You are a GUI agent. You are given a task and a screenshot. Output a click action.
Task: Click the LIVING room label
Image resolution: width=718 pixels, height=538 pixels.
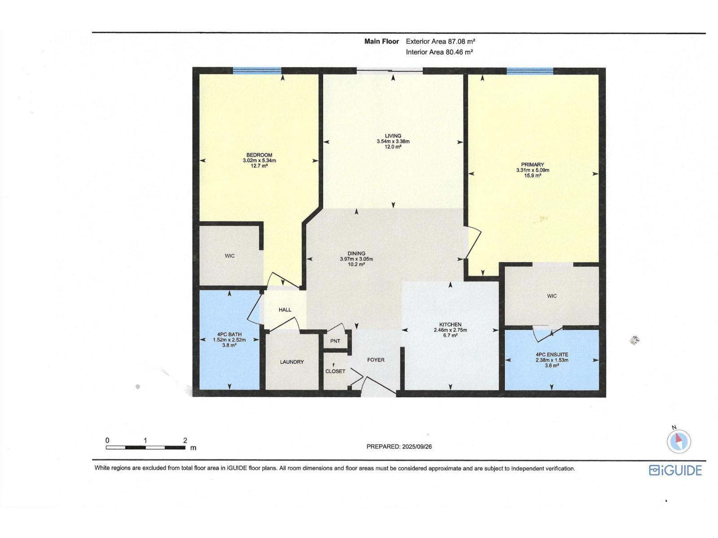pyautogui.click(x=393, y=136)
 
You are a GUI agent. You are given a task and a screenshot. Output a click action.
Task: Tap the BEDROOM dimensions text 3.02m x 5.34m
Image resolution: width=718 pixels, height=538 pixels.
pyautogui.click(x=259, y=161)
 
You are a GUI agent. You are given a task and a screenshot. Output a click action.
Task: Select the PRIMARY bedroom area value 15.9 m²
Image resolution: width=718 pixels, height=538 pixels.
pyautogui.click(x=533, y=176)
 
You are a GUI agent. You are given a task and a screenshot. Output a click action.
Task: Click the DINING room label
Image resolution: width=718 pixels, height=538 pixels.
pyautogui.click(x=356, y=253)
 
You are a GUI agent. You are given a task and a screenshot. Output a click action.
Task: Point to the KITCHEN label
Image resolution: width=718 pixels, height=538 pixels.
pyautogui.click(x=450, y=325)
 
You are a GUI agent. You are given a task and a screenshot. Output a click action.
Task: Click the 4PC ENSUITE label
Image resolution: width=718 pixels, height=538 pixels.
pyautogui.click(x=552, y=355)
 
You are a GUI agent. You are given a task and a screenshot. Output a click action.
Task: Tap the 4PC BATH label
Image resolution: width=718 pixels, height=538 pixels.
pyautogui.click(x=229, y=334)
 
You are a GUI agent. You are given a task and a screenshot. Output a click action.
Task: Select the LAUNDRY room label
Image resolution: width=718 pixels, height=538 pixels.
pyautogui.click(x=292, y=362)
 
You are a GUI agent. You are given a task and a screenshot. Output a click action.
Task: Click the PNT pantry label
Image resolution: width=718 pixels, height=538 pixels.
pyautogui.click(x=335, y=341)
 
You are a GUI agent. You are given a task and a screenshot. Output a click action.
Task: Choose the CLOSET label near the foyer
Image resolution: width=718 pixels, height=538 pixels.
pyautogui.click(x=335, y=371)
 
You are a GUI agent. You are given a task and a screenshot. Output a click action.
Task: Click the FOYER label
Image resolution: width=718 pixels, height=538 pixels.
pyautogui.click(x=376, y=360)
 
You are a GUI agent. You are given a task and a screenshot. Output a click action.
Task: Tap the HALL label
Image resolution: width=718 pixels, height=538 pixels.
pyautogui.click(x=285, y=310)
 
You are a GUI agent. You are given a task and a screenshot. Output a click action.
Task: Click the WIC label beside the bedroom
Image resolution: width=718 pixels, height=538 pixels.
pyautogui.click(x=230, y=256)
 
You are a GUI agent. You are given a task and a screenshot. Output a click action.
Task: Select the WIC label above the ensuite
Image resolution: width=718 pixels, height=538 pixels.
pyautogui.click(x=552, y=296)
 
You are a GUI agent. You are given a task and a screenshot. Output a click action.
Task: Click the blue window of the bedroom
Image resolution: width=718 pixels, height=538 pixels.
pyautogui.click(x=257, y=70)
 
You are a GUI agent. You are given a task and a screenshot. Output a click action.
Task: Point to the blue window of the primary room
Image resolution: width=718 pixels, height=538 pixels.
pyautogui.click(x=530, y=70)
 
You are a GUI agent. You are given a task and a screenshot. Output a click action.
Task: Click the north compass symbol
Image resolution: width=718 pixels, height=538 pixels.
pyautogui.click(x=679, y=441)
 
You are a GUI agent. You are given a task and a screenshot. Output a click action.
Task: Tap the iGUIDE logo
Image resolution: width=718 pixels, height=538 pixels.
pyautogui.click(x=675, y=470)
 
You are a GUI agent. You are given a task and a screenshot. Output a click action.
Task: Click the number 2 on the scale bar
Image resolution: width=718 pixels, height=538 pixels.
pyautogui.click(x=185, y=440)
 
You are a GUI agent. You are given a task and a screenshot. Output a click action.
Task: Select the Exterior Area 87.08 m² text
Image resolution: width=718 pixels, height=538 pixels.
pyautogui.click(x=440, y=41)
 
